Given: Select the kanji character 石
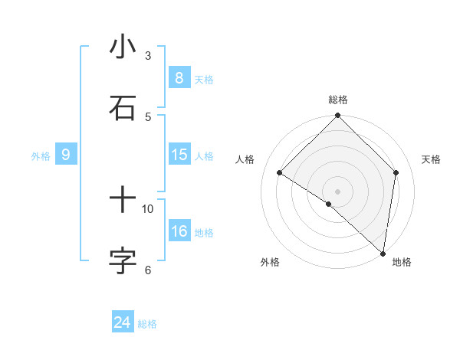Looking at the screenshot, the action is [123, 107].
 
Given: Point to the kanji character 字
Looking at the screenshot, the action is [123, 260].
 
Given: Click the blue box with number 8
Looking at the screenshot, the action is [179, 77].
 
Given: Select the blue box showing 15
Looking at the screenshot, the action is [179, 155].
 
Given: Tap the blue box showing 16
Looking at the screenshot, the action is [179, 231].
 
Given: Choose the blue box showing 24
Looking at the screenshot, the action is [123, 322].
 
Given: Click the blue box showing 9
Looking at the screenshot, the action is [66, 155].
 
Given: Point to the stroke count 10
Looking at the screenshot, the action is [148, 208].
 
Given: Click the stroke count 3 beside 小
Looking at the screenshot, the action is [148, 55].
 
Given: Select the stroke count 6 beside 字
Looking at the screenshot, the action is [148, 270].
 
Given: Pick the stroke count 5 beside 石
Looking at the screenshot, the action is [148, 116].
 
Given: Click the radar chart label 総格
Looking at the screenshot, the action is [337, 100].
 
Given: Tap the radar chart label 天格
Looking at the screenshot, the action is [431, 159].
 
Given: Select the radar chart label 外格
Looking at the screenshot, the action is [270, 262].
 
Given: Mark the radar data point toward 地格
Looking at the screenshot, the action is [383, 253].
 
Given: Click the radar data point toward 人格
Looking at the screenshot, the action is [280, 173].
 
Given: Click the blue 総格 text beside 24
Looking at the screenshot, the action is [147, 324].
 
